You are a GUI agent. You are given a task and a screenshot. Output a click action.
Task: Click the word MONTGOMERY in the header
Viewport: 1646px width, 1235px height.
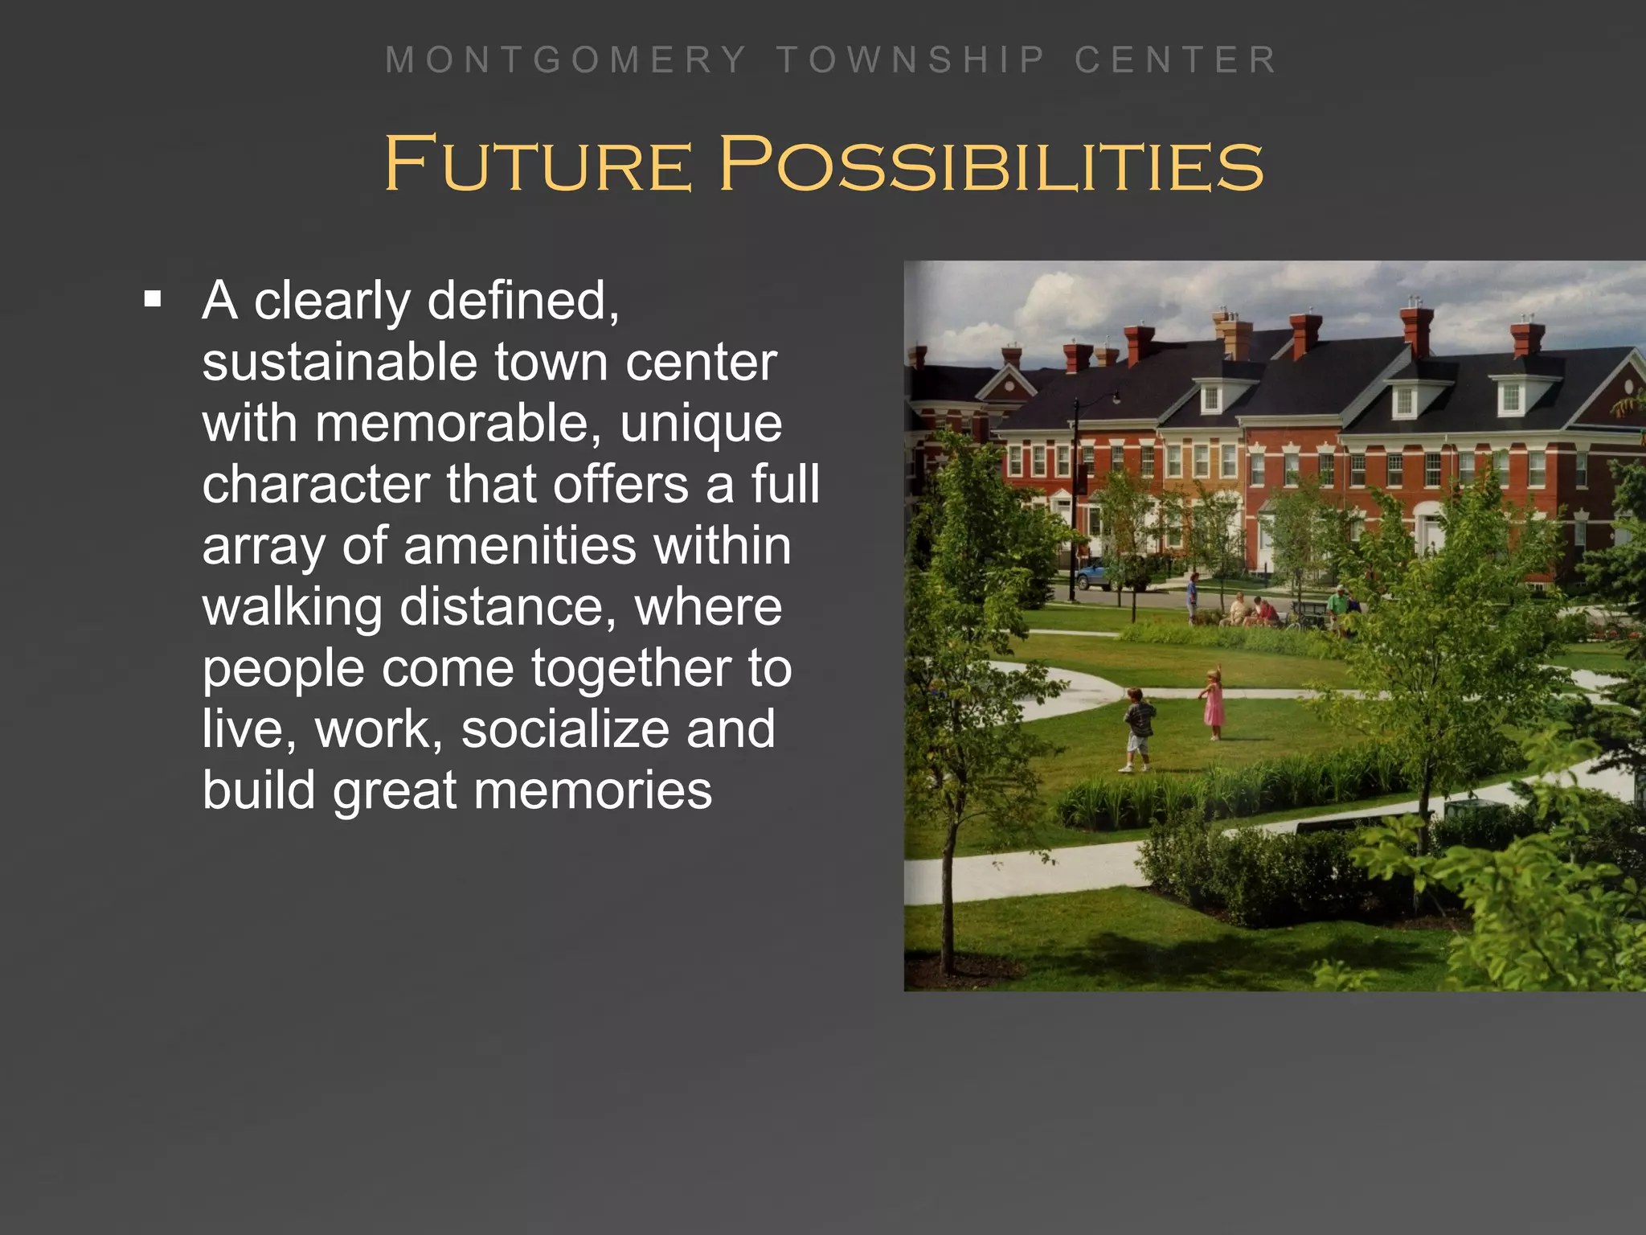pyautogui.click(x=566, y=60)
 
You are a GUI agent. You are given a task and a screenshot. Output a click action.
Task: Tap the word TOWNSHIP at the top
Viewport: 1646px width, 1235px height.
pyautogui.click(x=911, y=60)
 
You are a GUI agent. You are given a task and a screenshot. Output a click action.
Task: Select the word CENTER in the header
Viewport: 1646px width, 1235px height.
pyautogui.click(x=1176, y=60)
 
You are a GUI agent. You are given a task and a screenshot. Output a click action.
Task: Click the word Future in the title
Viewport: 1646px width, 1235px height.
pyautogui.click(x=538, y=164)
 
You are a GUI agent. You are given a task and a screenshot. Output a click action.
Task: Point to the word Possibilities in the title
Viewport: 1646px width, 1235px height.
pyautogui.click(x=991, y=164)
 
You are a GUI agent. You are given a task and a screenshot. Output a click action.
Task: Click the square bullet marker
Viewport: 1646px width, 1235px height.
pyautogui.click(x=153, y=301)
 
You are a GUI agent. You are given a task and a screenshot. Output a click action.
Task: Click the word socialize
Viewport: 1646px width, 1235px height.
pyautogui.click(x=565, y=729)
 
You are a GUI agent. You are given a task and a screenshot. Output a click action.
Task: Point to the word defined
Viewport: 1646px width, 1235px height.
pyautogui.click(x=522, y=301)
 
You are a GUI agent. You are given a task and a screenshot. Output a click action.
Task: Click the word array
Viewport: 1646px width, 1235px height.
pyautogui.click(x=264, y=547)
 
